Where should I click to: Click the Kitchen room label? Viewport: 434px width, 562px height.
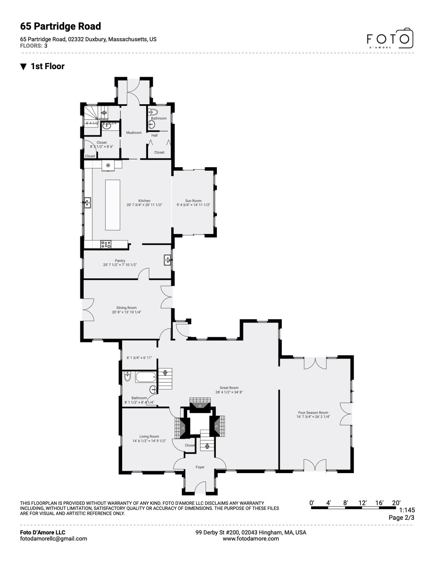pos(144,201)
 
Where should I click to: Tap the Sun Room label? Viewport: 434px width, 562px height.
pos(193,201)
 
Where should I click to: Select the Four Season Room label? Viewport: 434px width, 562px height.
pos(313,412)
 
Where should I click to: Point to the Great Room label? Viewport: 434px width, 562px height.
pos(229,388)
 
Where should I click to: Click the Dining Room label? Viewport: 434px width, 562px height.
pos(127,308)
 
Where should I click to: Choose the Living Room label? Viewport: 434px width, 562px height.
pos(149,436)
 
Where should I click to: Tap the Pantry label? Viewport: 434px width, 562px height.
pos(120,261)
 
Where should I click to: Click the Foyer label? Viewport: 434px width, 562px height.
pos(200,467)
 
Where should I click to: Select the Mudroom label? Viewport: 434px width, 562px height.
pos(134,132)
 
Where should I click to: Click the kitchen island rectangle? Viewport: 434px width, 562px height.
pos(113,205)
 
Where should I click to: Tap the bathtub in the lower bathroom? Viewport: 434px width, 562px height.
pos(146,377)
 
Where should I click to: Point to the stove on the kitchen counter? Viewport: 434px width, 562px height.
pos(106,244)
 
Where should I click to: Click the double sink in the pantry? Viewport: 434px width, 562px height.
pos(167,260)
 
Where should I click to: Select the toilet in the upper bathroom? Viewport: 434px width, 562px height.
pos(153,112)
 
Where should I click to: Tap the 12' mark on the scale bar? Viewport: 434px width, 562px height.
pos(362,503)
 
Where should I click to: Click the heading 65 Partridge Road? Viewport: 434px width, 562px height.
pos(61,26)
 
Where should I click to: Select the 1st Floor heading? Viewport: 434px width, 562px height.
pos(48,66)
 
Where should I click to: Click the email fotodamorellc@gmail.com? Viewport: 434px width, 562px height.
pos(53,539)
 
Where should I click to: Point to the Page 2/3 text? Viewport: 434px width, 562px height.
pos(401,517)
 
